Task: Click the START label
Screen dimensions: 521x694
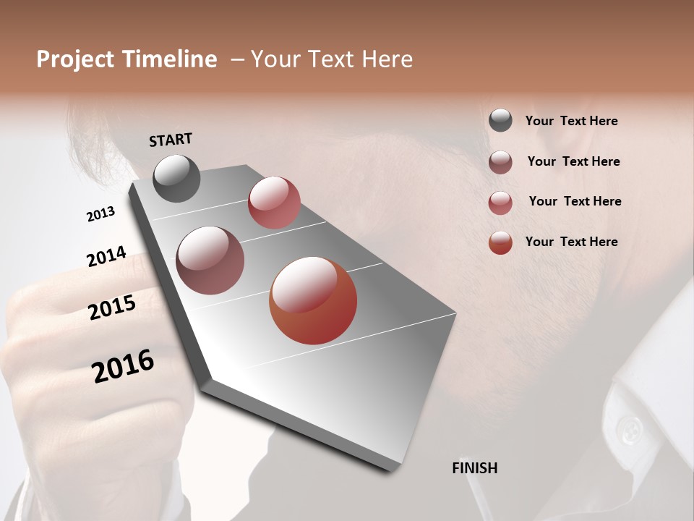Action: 171,140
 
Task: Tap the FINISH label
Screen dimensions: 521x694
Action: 474,468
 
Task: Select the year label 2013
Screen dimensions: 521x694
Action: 101,213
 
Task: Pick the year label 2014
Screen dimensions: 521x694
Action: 106,256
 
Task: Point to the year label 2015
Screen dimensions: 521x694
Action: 112,308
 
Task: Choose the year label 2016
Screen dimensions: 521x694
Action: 123,365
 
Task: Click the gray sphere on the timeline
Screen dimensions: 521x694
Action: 177,178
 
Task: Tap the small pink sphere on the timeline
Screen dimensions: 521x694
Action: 274,202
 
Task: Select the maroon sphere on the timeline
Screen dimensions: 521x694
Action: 210,260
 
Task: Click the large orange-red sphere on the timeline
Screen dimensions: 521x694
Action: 313,300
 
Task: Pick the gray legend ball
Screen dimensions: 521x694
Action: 500,121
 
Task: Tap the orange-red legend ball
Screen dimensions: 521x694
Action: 500,242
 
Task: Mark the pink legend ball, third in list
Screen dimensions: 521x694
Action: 500,203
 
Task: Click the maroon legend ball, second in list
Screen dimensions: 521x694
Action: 500,162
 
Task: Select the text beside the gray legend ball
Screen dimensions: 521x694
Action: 571,121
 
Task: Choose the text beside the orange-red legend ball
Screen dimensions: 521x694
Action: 571,242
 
